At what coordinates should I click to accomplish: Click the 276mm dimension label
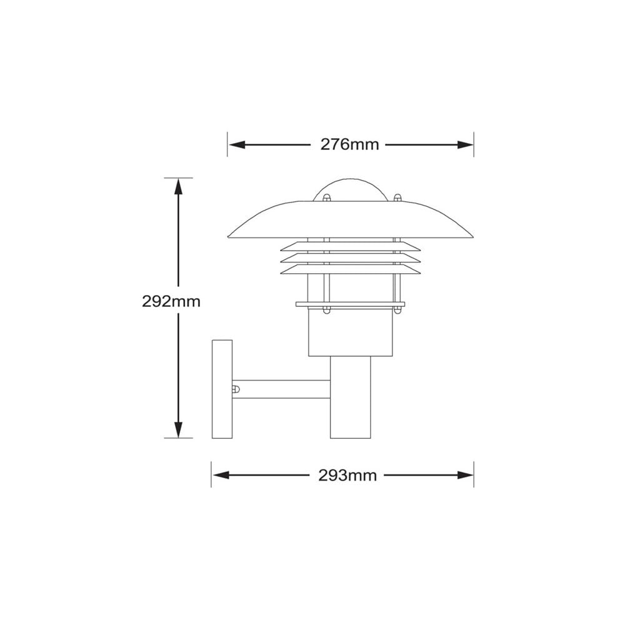[350, 144]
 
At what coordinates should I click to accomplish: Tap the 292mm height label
[171, 301]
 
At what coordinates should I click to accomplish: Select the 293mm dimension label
[348, 476]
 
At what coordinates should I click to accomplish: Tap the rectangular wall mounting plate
[222, 389]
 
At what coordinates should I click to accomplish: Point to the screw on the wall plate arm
[236, 389]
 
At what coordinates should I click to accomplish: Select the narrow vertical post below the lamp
[350, 400]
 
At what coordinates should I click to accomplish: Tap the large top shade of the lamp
[350, 220]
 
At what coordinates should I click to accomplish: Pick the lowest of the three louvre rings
[350, 269]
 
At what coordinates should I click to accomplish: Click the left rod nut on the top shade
[326, 199]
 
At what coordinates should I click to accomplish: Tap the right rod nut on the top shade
[397, 199]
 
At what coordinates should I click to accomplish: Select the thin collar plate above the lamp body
[350, 305]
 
